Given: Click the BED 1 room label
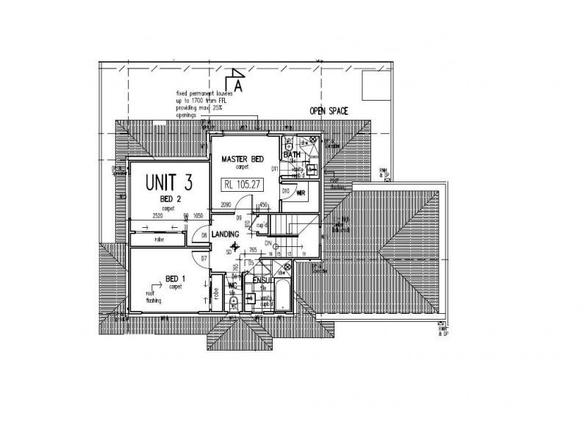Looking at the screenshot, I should (174, 279).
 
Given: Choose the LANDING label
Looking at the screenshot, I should (226, 234).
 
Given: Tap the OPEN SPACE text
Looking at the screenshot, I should (328, 112).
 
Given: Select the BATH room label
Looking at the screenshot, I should (293, 155).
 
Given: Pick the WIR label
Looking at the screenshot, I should (301, 193).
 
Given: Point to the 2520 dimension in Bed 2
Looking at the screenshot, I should (157, 217).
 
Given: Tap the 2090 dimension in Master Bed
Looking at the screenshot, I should (226, 205).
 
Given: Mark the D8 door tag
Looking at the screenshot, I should (204, 234).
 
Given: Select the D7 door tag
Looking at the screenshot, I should (203, 258).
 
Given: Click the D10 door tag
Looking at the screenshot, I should (285, 190).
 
